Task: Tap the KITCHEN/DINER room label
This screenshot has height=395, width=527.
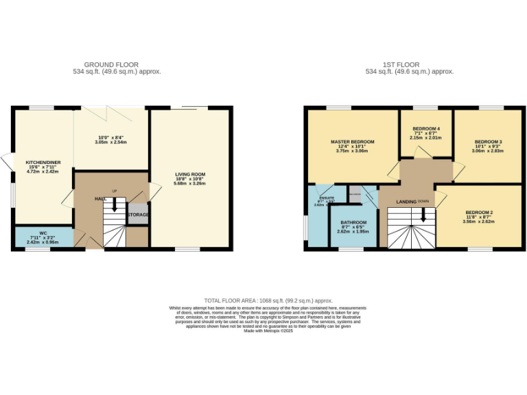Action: (x=43, y=163)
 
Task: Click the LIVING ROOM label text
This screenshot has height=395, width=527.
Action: (x=189, y=175)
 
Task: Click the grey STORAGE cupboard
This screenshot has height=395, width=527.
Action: (x=138, y=215)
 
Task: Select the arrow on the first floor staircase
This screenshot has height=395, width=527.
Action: (x=423, y=215)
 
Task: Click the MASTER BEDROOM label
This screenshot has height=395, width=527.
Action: (x=351, y=142)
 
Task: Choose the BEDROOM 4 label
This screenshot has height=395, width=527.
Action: (x=426, y=129)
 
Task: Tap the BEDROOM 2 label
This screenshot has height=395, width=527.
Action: (x=478, y=213)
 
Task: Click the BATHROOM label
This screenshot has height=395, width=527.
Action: (x=353, y=223)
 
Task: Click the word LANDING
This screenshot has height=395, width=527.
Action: (x=408, y=202)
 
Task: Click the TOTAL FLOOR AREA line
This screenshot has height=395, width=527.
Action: (x=268, y=300)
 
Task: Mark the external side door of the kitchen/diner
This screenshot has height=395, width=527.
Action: (x=8, y=162)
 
